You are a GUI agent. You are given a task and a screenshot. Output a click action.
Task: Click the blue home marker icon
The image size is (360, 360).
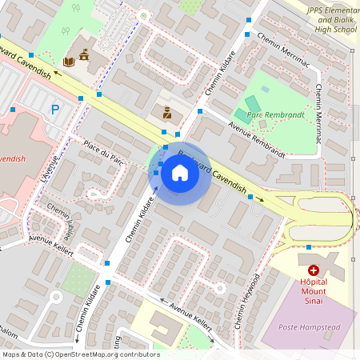180,172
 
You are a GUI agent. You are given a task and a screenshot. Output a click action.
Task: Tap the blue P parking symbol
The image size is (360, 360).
55,110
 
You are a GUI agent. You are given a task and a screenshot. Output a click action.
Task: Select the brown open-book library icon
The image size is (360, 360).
69,61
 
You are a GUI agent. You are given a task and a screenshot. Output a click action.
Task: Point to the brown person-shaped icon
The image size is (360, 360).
166,112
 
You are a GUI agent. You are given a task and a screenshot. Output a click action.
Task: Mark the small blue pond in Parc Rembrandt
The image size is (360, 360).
265,89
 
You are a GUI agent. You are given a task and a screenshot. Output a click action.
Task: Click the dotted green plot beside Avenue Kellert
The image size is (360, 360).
78,280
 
